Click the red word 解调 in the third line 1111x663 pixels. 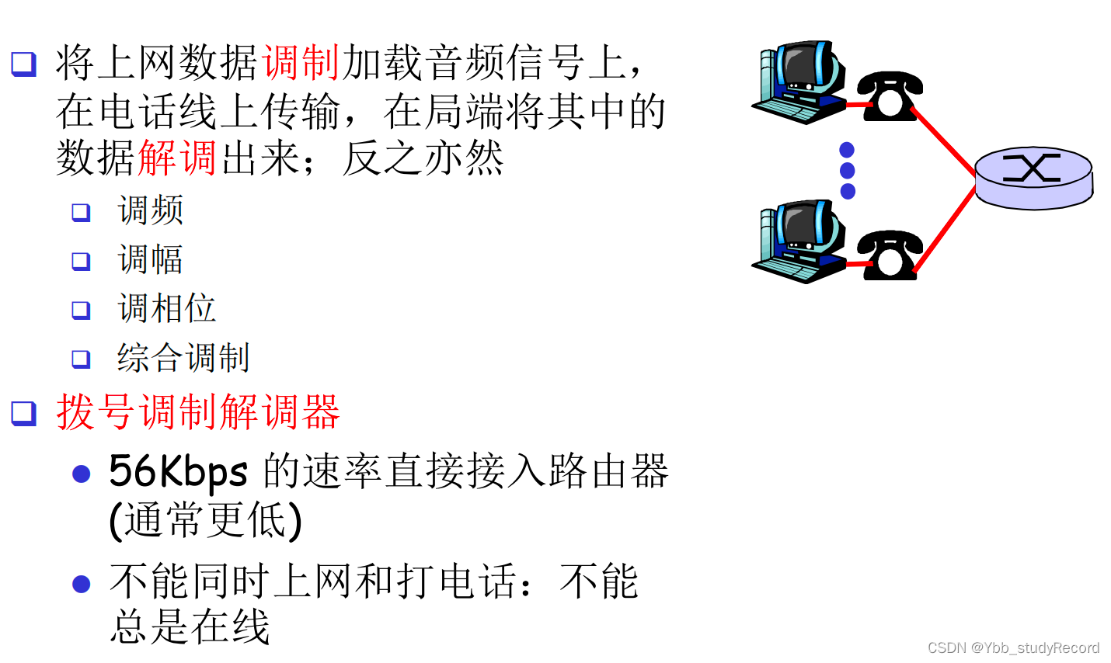tap(177, 158)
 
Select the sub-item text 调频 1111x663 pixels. tap(150, 210)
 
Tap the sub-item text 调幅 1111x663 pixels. tap(150, 259)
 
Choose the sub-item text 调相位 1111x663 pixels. tap(166, 308)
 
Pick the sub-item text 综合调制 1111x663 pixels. tap(183, 358)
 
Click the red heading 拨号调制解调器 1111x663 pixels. tap(198, 412)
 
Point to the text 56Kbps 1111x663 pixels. tap(178, 471)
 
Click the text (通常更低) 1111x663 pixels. tap(205, 520)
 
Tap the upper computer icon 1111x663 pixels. tap(800, 82)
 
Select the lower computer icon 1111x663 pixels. tap(800, 241)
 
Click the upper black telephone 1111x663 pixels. tap(890, 95)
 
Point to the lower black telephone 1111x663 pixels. tap(890, 254)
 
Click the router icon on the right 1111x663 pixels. tap(1033, 178)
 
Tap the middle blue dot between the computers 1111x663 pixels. tap(848, 170)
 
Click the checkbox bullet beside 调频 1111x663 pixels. tap(81, 212)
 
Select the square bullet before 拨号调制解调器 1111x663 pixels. tap(23, 412)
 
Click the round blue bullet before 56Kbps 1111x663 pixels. tap(82, 474)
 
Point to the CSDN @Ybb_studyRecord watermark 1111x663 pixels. tap(1013, 647)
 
